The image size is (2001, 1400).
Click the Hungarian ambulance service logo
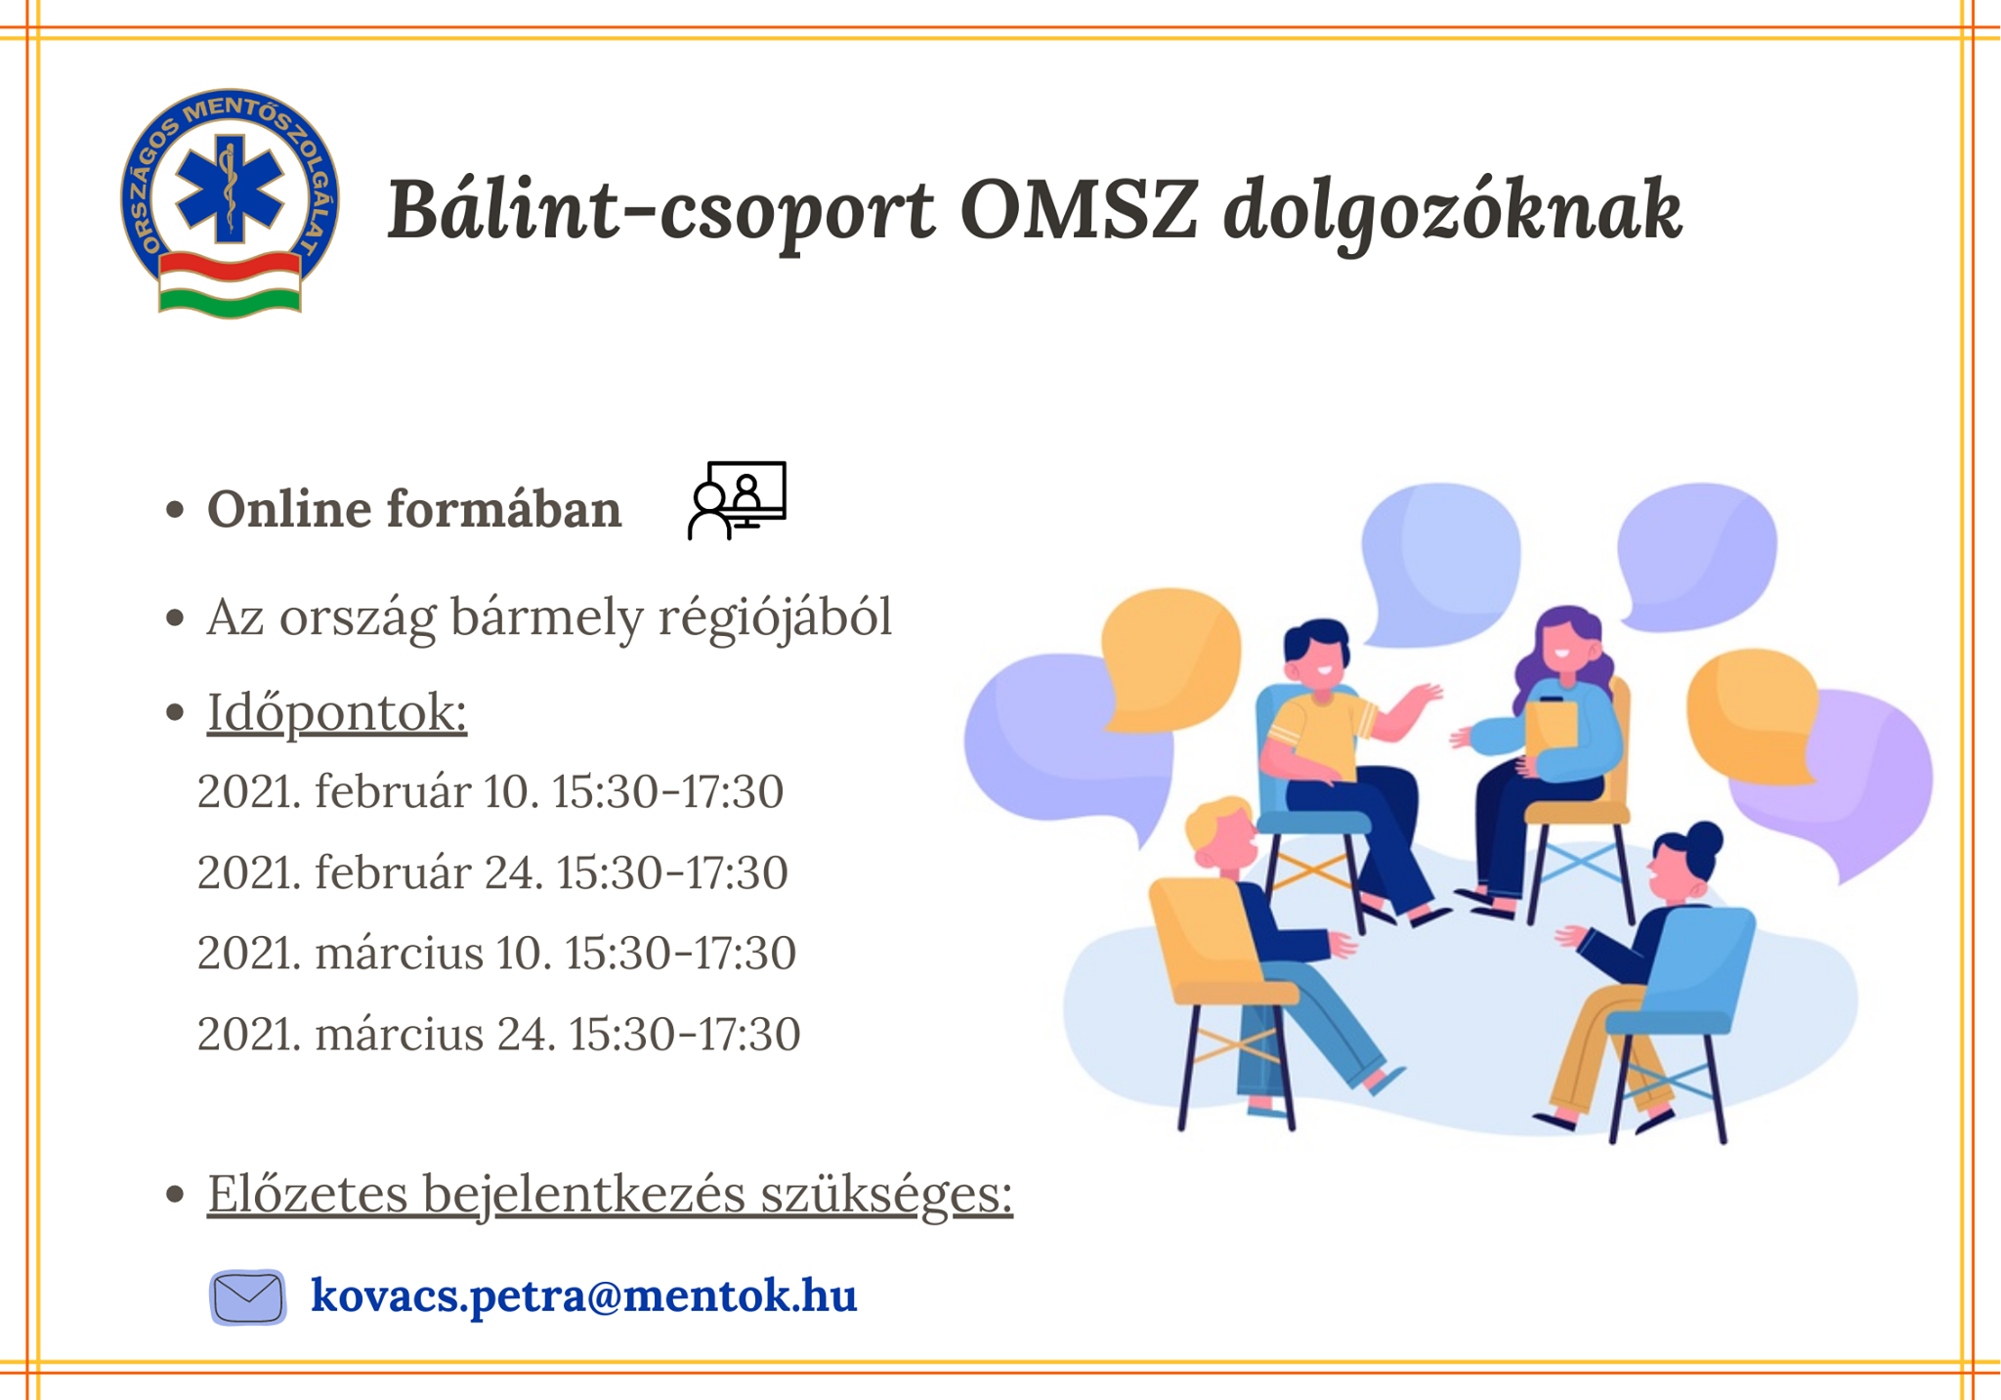[x=231, y=203]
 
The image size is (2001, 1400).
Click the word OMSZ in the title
[x=1079, y=209]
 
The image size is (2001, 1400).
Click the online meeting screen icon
[x=737, y=500]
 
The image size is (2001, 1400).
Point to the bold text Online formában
[x=414, y=509]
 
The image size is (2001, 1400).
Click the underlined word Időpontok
[x=337, y=712]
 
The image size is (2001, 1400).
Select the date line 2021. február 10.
[x=490, y=791]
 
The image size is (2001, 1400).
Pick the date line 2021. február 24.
[x=492, y=872]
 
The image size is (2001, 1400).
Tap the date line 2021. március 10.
[x=497, y=953]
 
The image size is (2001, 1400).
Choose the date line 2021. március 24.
[x=499, y=1034]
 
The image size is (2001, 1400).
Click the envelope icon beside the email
[x=248, y=1297]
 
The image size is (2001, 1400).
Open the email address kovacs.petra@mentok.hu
[x=584, y=1295]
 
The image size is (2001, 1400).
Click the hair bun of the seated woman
[x=1704, y=838]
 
